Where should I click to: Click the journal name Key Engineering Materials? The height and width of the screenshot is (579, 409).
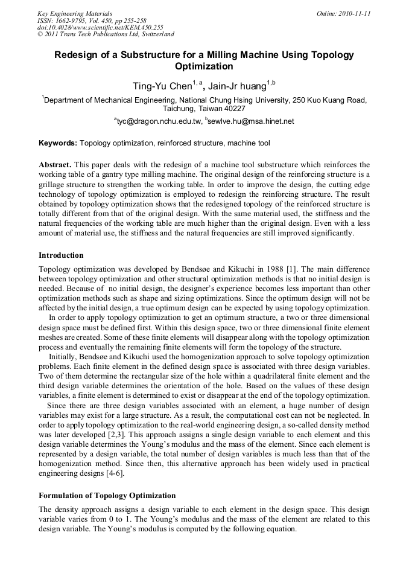tap(74, 13)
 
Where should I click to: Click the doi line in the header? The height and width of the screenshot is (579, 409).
tap(100, 27)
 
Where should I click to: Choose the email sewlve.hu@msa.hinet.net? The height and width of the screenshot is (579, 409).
tap(250, 121)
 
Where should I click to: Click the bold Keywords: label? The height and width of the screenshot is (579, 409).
tap(58, 144)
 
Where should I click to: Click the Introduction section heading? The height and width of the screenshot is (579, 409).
tap(61, 255)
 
